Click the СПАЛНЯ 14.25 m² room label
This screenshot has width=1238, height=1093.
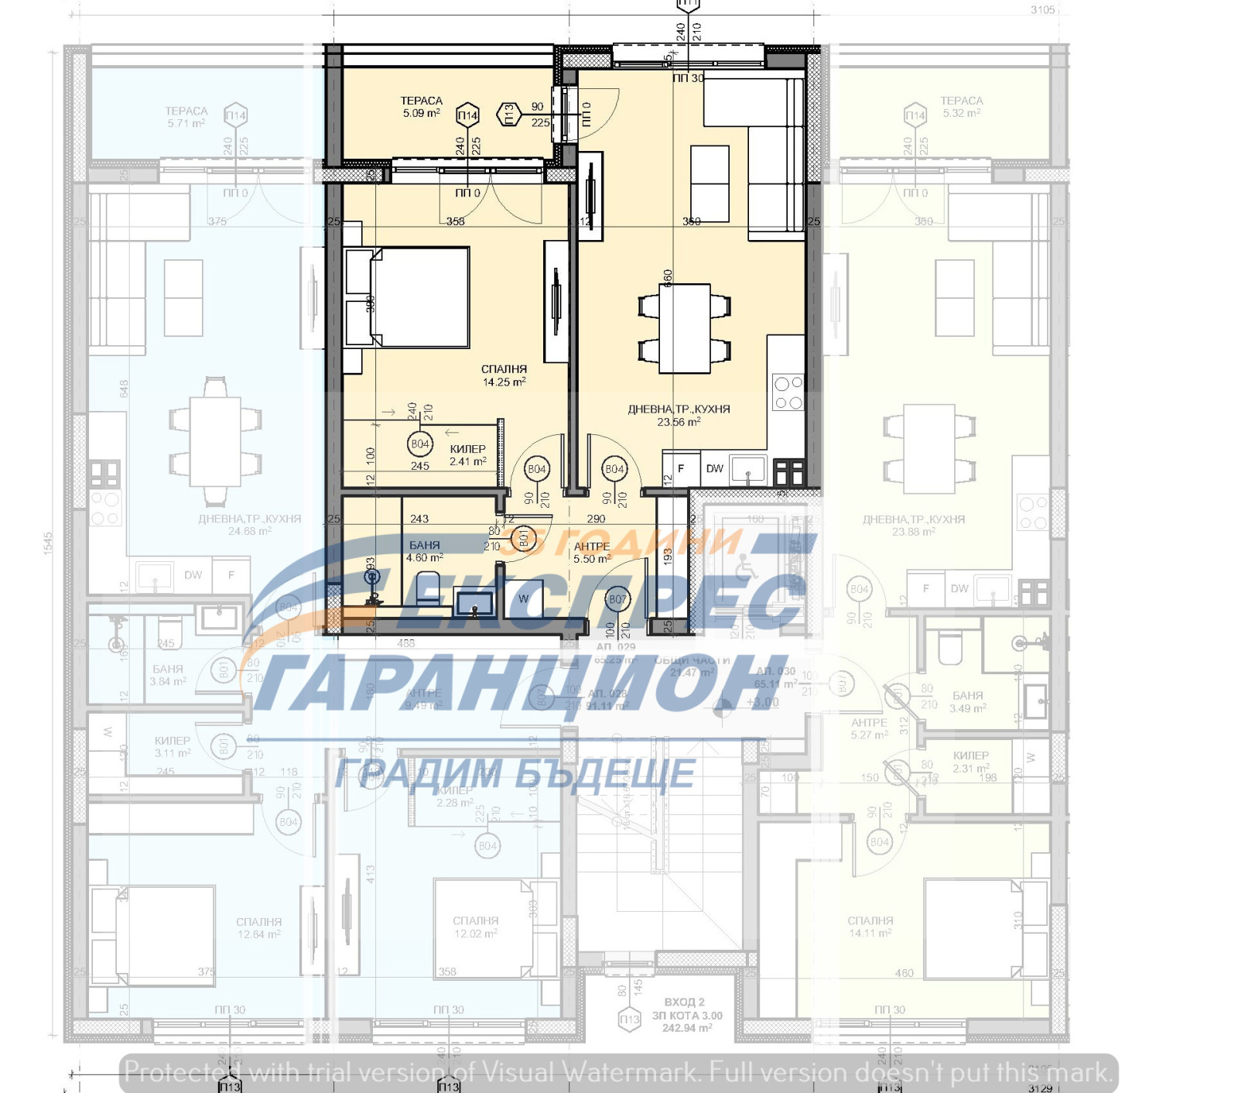(x=504, y=375)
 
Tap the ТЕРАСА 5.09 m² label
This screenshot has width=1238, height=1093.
(x=421, y=107)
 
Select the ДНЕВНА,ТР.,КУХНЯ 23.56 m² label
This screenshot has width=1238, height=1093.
(x=679, y=415)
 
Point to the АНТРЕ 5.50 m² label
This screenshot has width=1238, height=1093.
(x=592, y=553)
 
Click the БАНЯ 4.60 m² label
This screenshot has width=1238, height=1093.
(x=424, y=551)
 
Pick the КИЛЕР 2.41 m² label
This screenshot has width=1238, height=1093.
(x=468, y=455)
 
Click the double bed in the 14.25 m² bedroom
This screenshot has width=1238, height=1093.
(x=419, y=297)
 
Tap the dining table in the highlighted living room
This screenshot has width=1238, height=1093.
(x=685, y=328)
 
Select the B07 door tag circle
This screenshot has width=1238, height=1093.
(x=617, y=598)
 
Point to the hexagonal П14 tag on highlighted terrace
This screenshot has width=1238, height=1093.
(x=467, y=116)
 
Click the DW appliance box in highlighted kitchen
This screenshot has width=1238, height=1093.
(x=714, y=468)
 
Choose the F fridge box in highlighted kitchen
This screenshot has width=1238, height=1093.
(x=681, y=468)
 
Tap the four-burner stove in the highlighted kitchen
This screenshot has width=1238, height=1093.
(x=788, y=392)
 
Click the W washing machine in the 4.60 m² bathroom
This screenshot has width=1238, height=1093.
(x=524, y=598)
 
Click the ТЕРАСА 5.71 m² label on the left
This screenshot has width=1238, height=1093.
(x=186, y=117)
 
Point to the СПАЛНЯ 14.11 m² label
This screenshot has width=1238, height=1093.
(x=870, y=927)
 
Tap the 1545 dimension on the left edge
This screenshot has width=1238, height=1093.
(x=48, y=542)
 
